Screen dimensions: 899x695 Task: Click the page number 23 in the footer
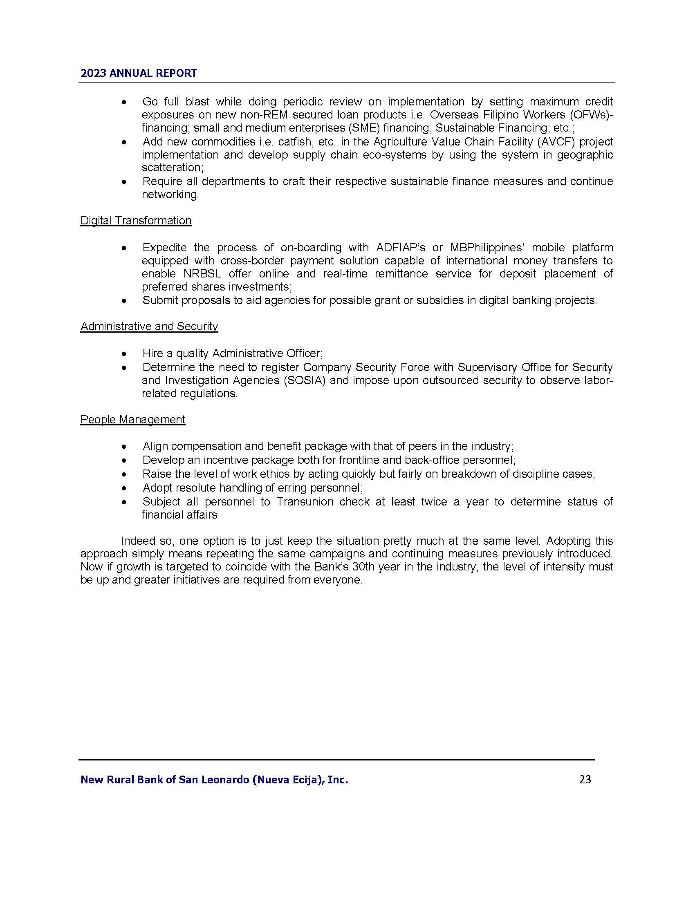click(x=585, y=780)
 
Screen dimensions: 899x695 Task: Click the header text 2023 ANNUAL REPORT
click(x=139, y=73)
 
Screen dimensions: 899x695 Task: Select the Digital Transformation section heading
click(x=136, y=221)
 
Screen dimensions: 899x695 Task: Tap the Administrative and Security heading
click(x=149, y=327)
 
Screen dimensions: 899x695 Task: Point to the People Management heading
click(x=133, y=419)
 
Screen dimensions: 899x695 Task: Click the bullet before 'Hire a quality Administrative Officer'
click(x=124, y=354)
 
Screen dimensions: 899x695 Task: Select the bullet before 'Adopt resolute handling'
click(x=124, y=488)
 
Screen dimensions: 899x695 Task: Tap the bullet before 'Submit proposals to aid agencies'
click(x=124, y=301)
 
